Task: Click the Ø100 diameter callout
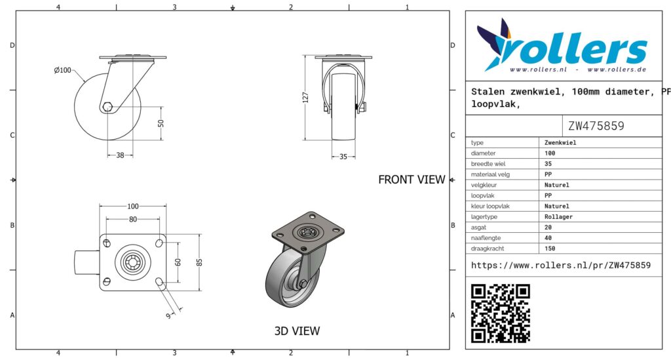[x=62, y=70]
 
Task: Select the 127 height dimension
[x=305, y=97]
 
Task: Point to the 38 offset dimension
[x=121, y=155]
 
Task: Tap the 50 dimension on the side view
[x=161, y=123]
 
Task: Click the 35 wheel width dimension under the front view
[x=343, y=157]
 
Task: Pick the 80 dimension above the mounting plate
[x=133, y=219]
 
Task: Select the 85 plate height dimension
[x=199, y=262]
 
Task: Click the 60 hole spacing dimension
[x=178, y=262]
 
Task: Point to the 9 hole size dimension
[x=168, y=316]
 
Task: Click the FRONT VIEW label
[x=412, y=180]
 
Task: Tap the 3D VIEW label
[x=297, y=331]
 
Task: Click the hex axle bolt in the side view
[x=107, y=107]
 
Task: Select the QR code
[x=501, y=313]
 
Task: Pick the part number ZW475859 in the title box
[x=596, y=126]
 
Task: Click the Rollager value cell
[x=558, y=217]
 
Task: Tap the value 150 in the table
[x=550, y=249]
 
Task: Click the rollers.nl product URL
[x=561, y=266]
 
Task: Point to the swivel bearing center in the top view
[x=132, y=262]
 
